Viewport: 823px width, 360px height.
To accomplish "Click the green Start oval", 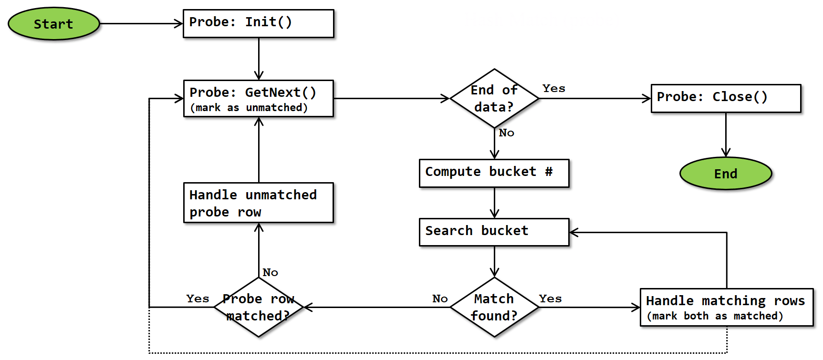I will click(54, 24).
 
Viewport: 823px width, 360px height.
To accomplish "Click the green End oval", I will click(725, 174).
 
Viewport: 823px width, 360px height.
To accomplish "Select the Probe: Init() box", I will click(258, 23).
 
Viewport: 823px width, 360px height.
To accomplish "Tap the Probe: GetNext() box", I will click(258, 98).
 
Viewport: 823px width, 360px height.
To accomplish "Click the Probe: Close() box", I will click(725, 98).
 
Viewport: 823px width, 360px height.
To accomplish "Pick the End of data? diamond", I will click(494, 98).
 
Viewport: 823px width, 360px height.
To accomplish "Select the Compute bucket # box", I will click(494, 173).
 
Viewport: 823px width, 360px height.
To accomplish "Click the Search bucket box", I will click(494, 232).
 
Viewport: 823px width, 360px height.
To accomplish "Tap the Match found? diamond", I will click(494, 307).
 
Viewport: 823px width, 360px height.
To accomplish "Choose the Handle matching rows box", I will click(726, 307).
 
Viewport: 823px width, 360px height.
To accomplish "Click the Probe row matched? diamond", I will click(259, 307).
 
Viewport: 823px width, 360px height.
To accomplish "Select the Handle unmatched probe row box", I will click(258, 203).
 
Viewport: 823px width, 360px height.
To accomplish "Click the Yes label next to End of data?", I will click(553, 89).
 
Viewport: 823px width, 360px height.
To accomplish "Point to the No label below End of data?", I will click(506, 133).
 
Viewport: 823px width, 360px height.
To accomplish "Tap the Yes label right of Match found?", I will click(550, 299).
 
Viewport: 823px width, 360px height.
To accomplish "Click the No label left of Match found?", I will click(439, 299).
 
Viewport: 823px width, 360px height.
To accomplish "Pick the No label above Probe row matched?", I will click(270, 273).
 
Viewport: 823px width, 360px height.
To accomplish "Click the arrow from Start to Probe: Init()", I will click(141, 23).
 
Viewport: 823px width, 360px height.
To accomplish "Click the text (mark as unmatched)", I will click(249, 108).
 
